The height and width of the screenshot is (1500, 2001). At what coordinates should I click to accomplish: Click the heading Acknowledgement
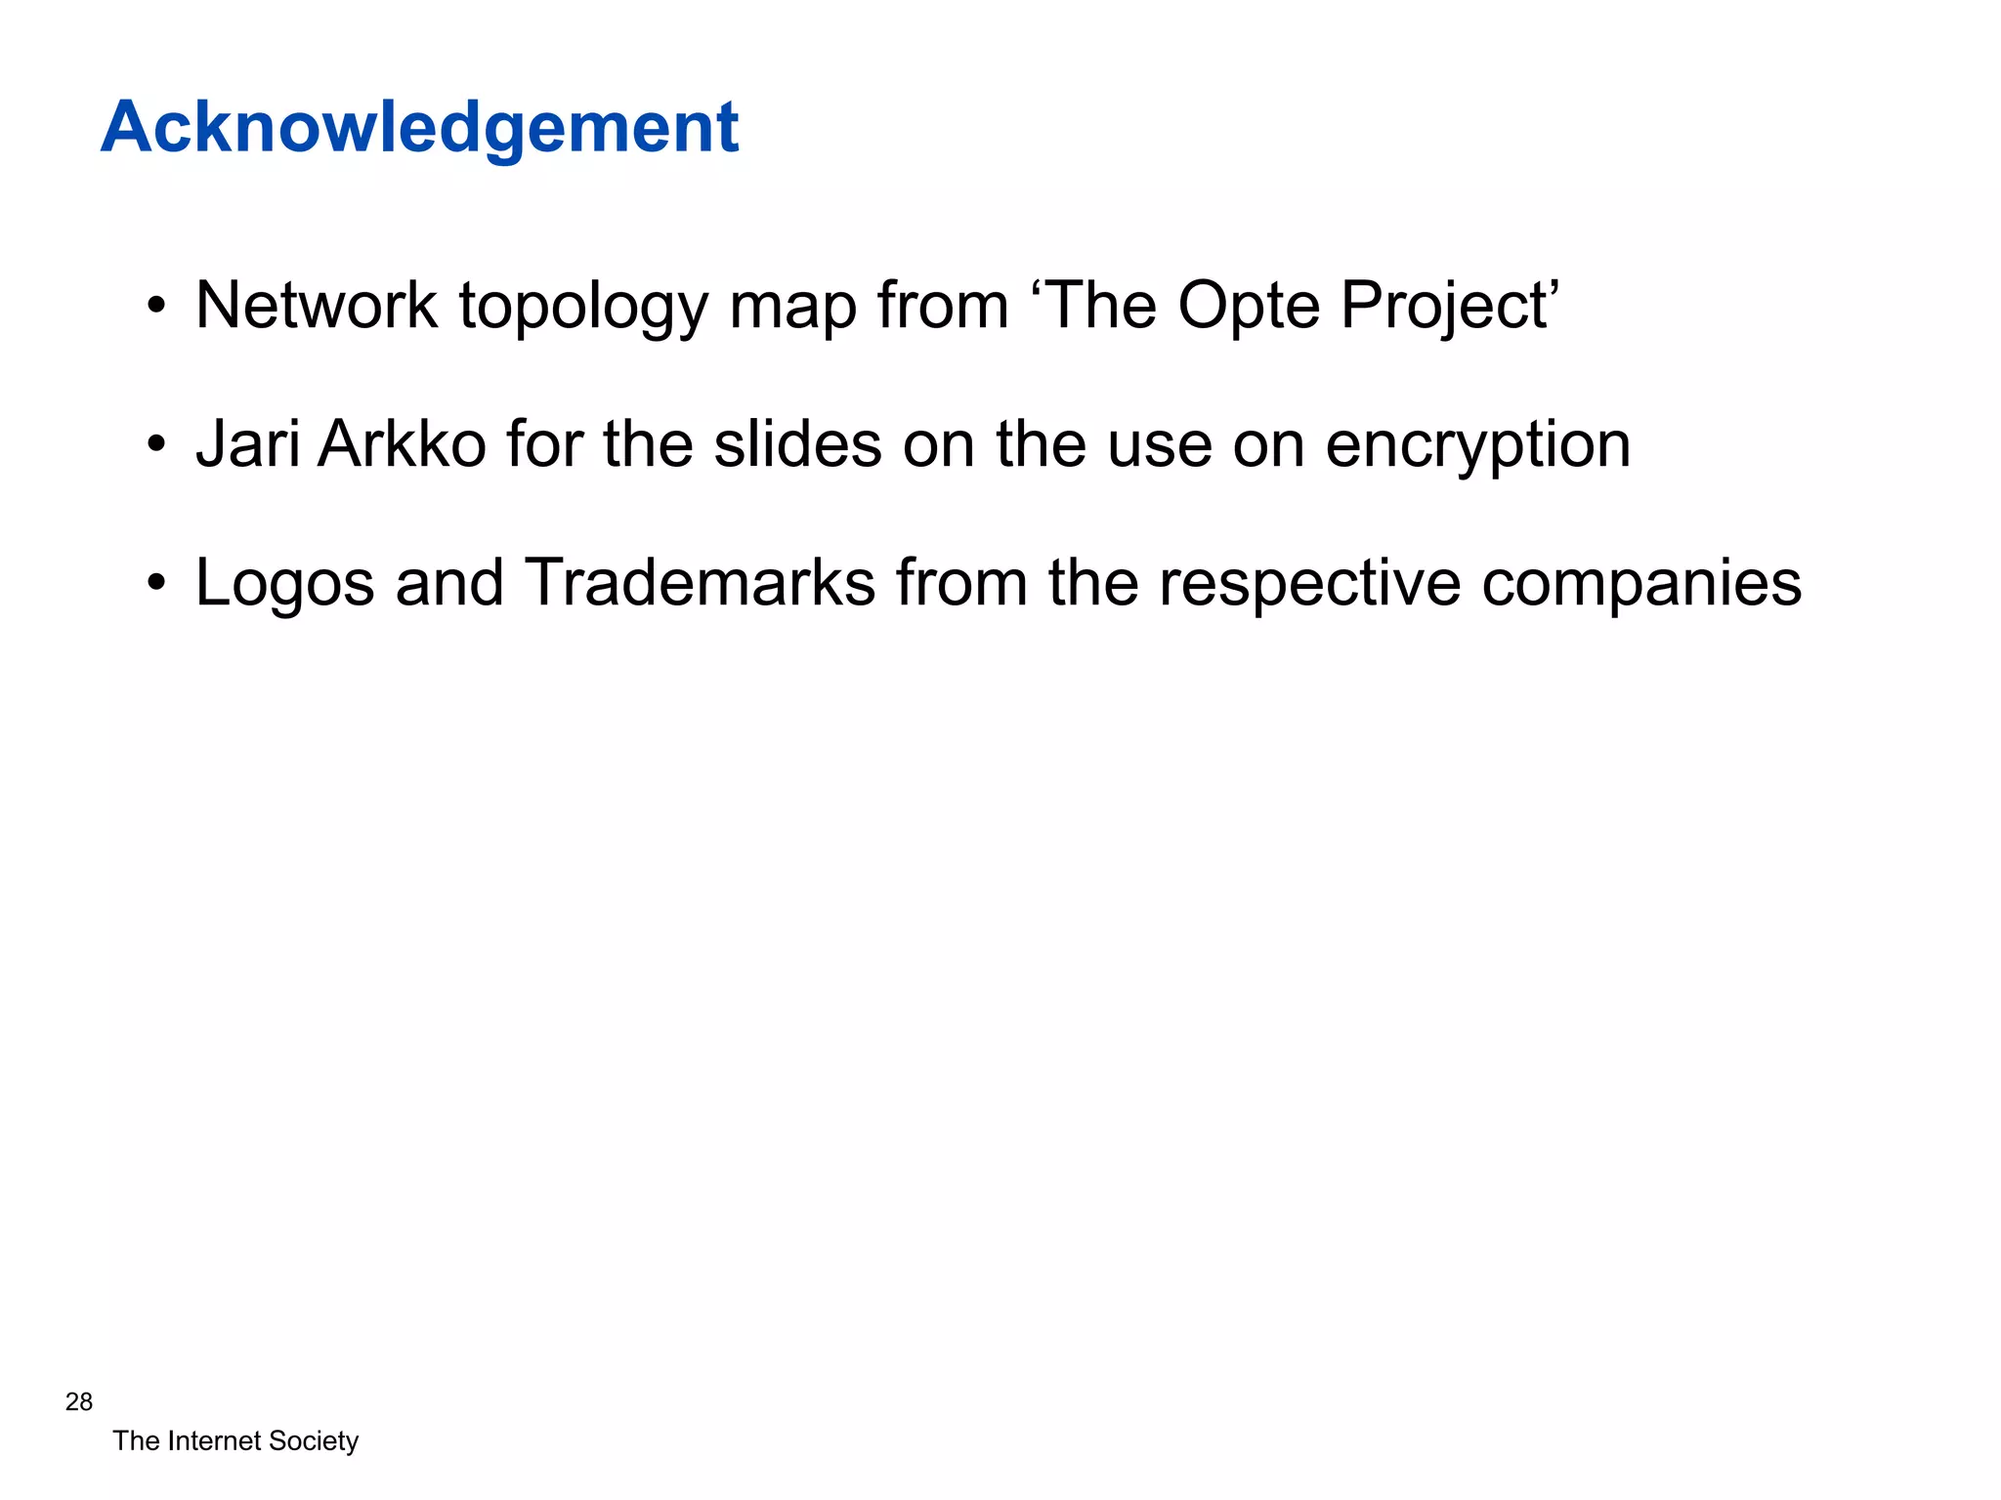(419, 128)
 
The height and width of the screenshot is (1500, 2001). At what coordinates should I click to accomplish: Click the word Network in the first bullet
(317, 306)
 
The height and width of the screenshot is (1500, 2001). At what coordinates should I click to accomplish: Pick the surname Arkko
(402, 444)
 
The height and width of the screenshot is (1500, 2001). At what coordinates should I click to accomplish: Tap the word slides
(797, 444)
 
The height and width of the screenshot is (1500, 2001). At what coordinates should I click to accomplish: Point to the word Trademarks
(700, 583)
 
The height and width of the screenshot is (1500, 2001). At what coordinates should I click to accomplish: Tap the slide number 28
(79, 1402)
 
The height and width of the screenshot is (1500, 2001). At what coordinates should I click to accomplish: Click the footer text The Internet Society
(235, 1441)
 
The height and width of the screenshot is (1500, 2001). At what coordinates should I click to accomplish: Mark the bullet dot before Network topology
(156, 308)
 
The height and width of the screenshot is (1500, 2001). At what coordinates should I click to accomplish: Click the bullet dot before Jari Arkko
(156, 446)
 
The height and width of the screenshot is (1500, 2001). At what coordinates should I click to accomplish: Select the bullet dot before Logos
(156, 585)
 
